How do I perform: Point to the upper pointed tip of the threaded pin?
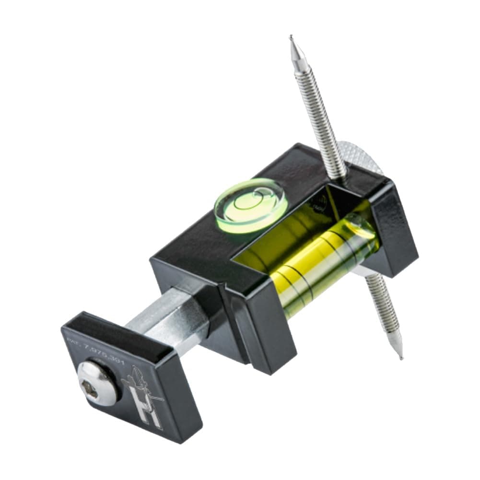[x=292, y=38]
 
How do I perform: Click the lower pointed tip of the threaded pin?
[x=399, y=356]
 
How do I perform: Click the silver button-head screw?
[x=97, y=382]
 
